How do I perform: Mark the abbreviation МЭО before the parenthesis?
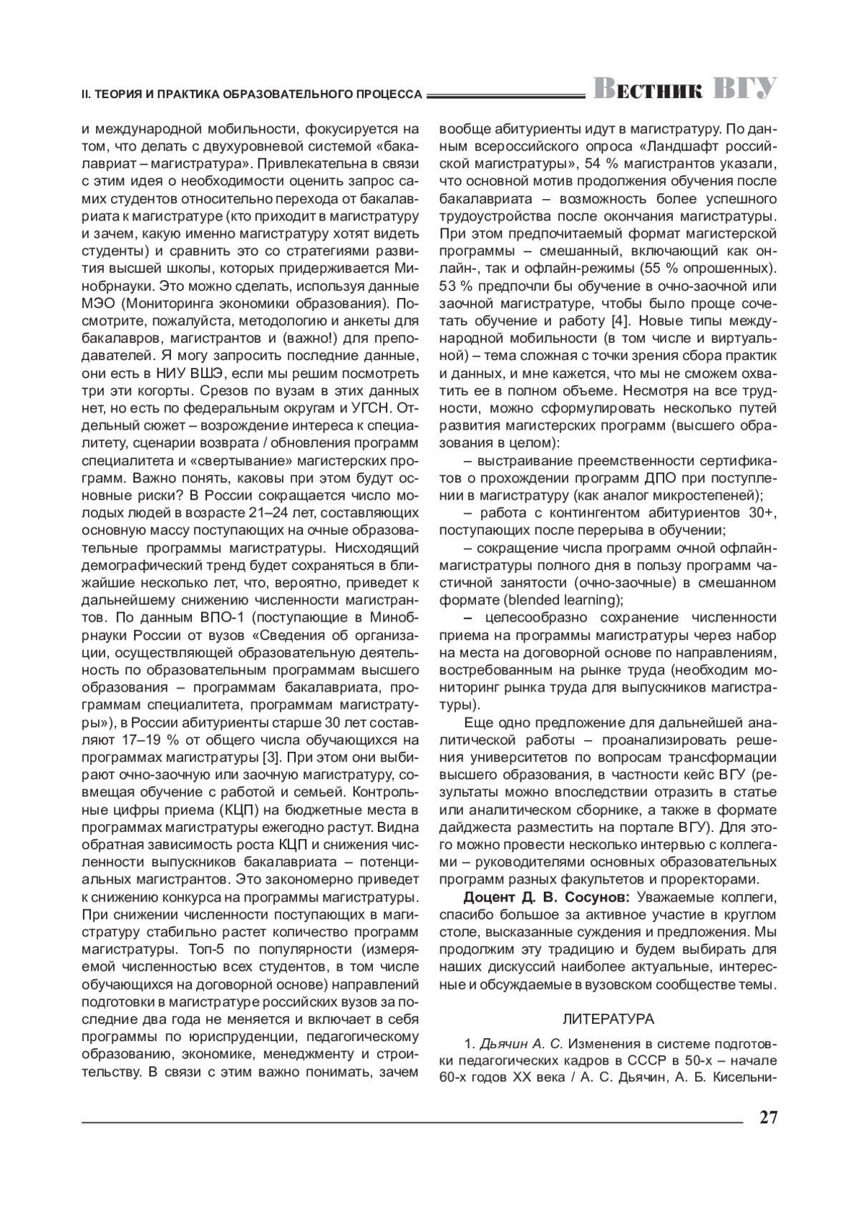(98, 304)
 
